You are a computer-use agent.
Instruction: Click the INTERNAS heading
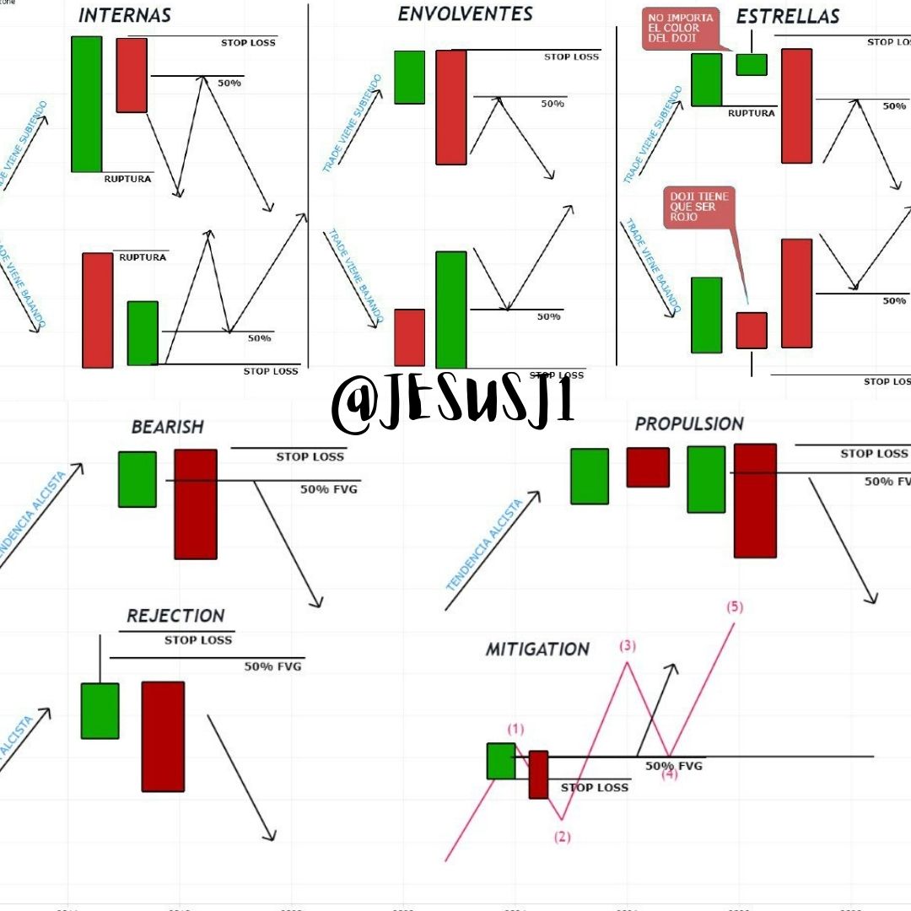pyautogui.click(x=125, y=15)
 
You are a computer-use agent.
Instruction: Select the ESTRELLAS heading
pyautogui.click(x=775, y=17)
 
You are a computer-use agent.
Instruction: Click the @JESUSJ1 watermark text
pyautogui.click(x=453, y=404)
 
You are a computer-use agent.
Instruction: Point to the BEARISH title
pyautogui.click(x=167, y=427)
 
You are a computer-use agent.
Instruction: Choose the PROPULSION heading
pyautogui.click(x=689, y=423)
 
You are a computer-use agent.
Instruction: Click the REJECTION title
pyautogui.click(x=175, y=616)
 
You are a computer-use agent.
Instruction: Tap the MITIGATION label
pyautogui.click(x=537, y=650)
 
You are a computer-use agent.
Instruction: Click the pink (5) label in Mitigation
pyautogui.click(x=734, y=606)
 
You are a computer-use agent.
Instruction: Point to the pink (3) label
pyautogui.click(x=628, y=646)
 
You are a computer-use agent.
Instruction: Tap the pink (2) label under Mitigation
pyautogui.click(x=562, y=837)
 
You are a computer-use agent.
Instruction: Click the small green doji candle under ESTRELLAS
pyautogui.click(x=751, y=65)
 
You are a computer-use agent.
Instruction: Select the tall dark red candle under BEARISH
pyautogui.click(x=196, y=504)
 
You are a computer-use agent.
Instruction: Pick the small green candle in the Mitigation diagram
pyautogui.click(x=500, y=761)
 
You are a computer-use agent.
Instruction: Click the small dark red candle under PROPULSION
pyautogui.click(x=648, y=467)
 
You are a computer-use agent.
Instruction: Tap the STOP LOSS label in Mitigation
pyautogui.click(x=595, y=788)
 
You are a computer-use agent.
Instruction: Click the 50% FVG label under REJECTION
pyautogui.click(x=272, y=666)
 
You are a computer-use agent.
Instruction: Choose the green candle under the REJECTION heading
pyautogui.click(x=100, y=710)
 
